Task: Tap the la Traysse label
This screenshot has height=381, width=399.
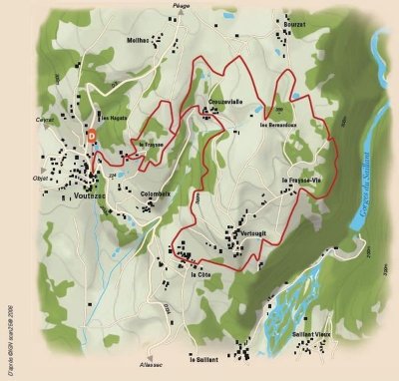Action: point(152,145)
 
